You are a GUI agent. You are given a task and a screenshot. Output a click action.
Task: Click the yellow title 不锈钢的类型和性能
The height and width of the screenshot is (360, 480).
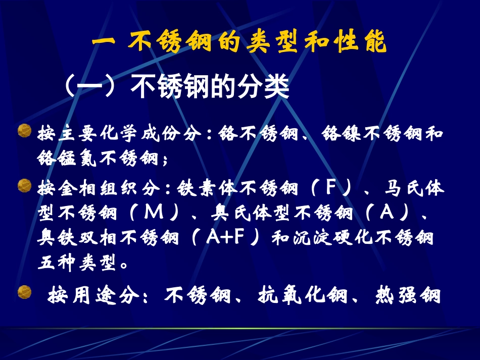(239, 42)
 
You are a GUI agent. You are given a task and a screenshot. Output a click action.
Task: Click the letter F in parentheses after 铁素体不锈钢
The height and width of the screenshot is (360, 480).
(331, 190)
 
